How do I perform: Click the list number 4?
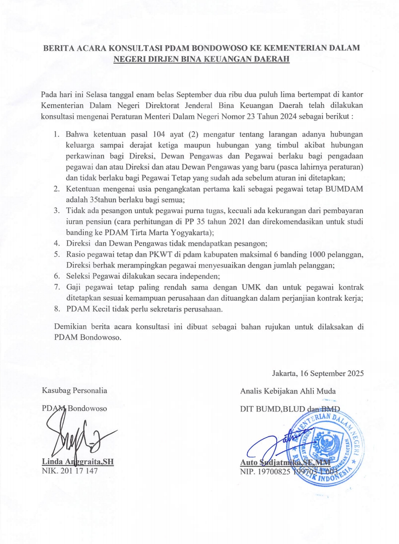(57, 243)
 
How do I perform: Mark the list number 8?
(57, 309)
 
